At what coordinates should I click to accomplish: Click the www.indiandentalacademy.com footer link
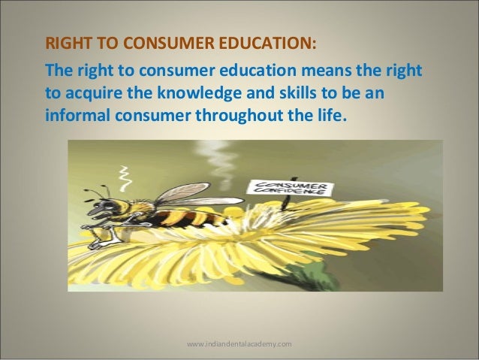point(239,343)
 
